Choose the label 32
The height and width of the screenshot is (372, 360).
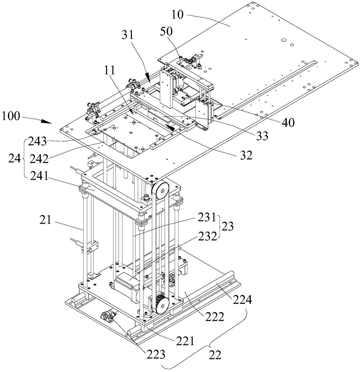[x=245, y=155]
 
